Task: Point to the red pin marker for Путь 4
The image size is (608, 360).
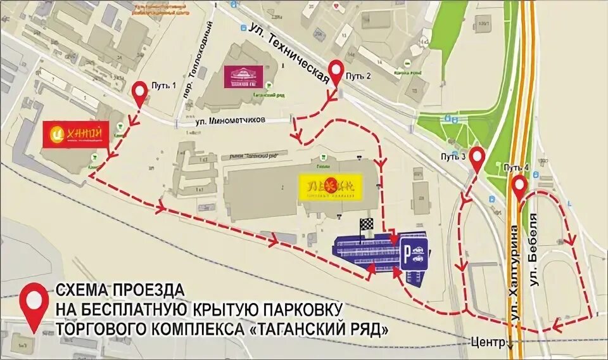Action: (x=519, y=186)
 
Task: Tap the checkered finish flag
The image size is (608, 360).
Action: (x=367, y=225)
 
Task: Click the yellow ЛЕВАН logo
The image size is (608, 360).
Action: (x=330, y=186)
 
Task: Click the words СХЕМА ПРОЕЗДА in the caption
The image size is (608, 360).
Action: (x=120, y=290)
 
